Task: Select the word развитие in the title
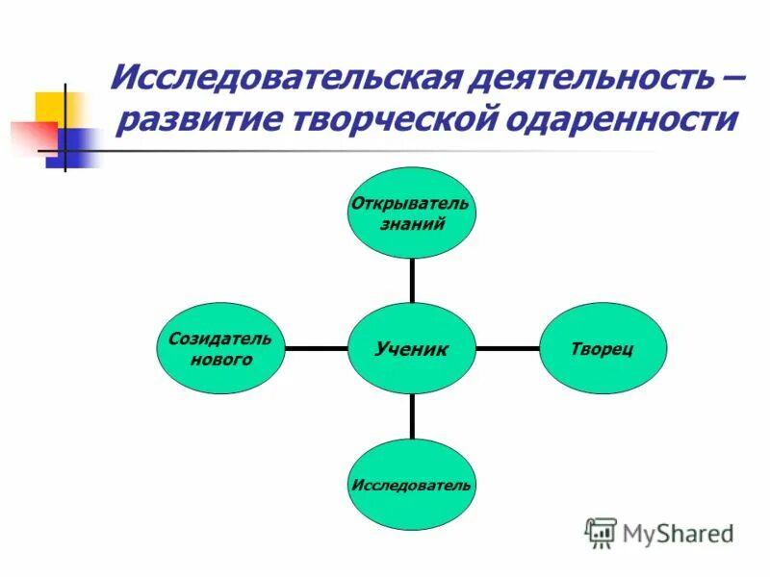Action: click(x=190, y=120)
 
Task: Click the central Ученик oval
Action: click(x=412, y=348)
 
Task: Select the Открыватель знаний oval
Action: click(x=411, y=213)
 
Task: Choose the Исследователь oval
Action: click(x=411, y=484)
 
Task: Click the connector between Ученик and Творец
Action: click(x=508, y=348)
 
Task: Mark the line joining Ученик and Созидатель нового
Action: click(x=316, y=348)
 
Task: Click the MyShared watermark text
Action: click(x=679, y=532)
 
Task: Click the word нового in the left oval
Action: click(x=219, y=360)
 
